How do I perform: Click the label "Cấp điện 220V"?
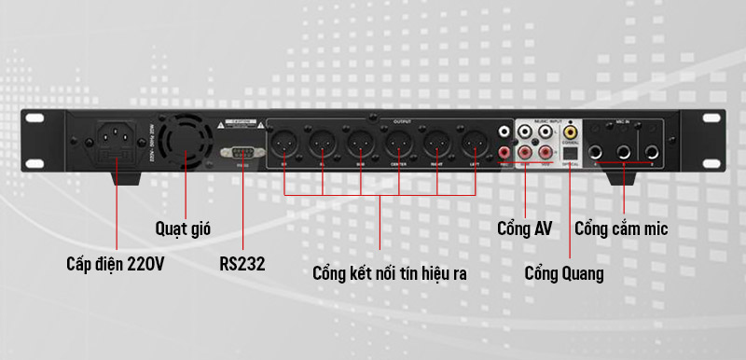(116, 264)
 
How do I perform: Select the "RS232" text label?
(242, 264)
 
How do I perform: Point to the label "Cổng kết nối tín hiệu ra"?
(390, 274)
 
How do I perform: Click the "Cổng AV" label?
(525, 228)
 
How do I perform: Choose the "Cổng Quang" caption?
(563, 273)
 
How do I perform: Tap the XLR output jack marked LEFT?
(476, 145)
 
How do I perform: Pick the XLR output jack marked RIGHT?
(437, 145)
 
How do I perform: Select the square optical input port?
(566, 152)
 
